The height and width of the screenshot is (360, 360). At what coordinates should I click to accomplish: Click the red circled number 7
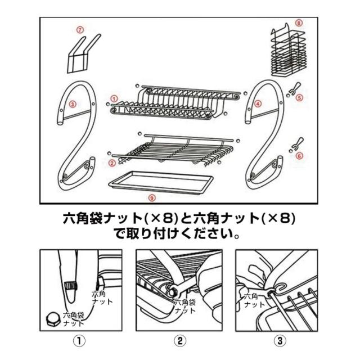(x=80, y=30)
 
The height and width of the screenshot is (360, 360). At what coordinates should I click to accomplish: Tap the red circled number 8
(x=299, y=23)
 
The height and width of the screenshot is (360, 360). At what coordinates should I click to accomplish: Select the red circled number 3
(x=73, y=105)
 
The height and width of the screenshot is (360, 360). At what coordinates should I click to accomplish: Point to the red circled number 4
(x=258, y=103)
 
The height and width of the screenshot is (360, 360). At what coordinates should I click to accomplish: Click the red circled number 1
(x=114, y=99)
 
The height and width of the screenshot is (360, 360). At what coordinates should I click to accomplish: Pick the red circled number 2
(x=112, y=163)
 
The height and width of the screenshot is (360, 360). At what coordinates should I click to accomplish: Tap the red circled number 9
(x=152, y=197)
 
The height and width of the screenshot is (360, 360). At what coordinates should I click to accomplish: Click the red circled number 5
(x=299, y=98)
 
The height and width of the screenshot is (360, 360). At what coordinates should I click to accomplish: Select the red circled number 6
(x=299, y=156)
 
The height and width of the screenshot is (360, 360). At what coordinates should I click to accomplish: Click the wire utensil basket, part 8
(x=289, y=51)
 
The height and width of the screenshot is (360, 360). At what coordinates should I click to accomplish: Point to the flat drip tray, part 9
(x=161, y=183)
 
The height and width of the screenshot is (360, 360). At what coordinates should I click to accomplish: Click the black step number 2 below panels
(x=180, y=341)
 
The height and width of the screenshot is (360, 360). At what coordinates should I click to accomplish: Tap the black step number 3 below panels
(x=280, y=341)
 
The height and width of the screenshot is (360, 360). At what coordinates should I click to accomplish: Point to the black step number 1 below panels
(x=79, y=341)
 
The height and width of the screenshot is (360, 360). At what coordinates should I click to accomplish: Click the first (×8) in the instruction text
(x=161, y=218)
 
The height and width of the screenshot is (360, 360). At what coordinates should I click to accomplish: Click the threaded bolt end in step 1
(x=70, y=286)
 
